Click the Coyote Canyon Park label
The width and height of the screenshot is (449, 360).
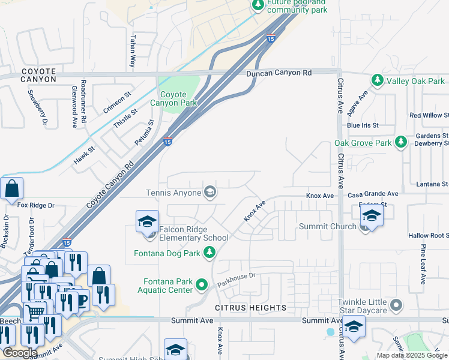click(x=178, y=98)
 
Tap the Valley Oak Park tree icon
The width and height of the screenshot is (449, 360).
click(x=377, y=80)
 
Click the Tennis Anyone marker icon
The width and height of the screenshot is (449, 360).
click(x=210, y=193)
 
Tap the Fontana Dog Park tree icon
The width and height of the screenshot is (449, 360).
click(x=209, y=253)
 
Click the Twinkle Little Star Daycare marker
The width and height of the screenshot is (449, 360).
click(x=396, y=306)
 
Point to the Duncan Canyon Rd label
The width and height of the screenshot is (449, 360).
click(x=280, y=73)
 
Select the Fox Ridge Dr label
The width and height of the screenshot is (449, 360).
click(x=36, y=205)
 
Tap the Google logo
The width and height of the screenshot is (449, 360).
click(x=20, y=352)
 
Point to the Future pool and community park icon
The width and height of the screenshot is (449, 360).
click(x=258, y=5)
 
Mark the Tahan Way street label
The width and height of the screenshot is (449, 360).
click(x=132, y=50)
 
